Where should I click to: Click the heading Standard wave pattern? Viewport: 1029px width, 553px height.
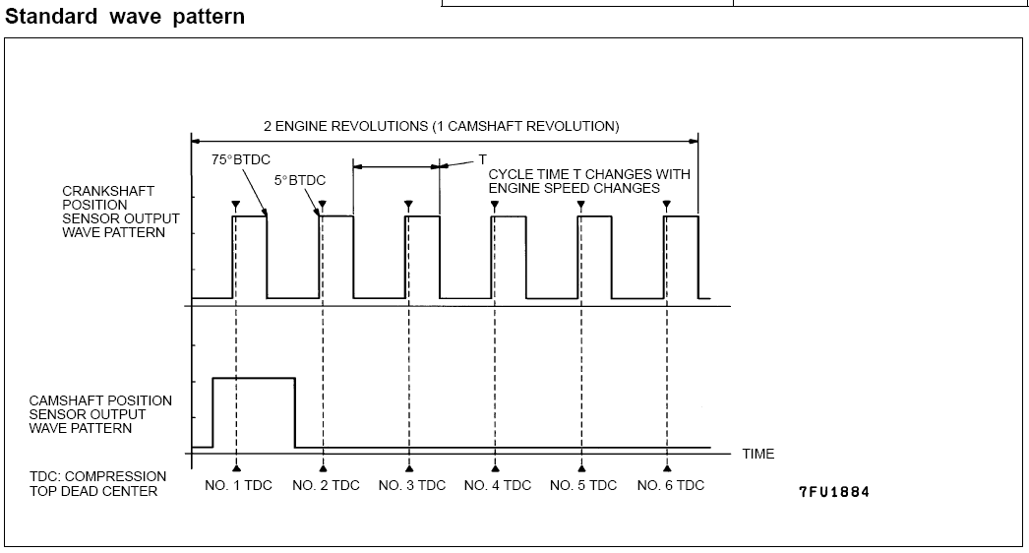125,17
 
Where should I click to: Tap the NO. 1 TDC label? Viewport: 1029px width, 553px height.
238,485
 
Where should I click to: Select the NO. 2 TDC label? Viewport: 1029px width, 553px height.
327,485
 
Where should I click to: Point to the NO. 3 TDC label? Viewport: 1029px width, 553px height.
412,485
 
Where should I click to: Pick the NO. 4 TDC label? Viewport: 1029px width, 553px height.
498,485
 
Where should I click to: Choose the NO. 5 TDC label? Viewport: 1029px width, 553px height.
583,485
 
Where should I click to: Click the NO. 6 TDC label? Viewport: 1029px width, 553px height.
671,485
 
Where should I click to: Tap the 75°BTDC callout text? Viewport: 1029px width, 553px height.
241,159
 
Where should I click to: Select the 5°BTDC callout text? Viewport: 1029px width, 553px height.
300,181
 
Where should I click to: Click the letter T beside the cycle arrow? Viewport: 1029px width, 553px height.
482,159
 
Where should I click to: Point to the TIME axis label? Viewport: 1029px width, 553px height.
757,454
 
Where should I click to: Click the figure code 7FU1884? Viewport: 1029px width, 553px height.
834,492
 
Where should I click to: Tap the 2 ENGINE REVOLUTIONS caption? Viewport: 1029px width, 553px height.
442,126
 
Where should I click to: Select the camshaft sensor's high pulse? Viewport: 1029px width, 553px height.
253,378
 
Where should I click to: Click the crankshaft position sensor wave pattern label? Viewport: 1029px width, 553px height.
121,212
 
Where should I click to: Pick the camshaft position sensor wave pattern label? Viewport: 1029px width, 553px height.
100,414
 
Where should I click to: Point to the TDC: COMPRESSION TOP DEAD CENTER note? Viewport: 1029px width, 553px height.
97,484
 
